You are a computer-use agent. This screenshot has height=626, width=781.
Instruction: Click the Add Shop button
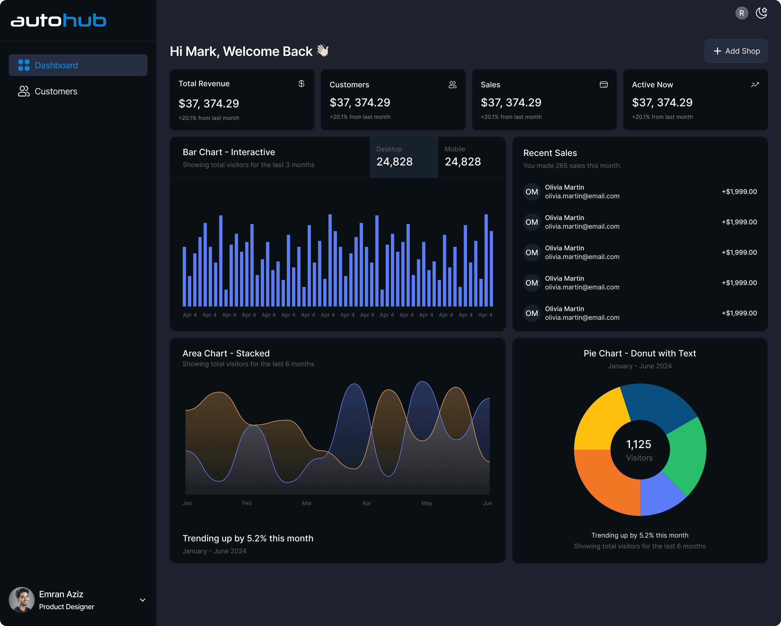[x=736, y=51]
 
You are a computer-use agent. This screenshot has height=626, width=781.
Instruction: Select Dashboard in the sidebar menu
[x=78, y=65]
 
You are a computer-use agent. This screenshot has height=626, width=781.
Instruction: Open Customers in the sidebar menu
[x=56, y=91]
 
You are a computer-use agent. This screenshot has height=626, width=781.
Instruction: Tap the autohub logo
[x=58, y=20]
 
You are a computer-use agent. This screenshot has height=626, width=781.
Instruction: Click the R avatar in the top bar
[x=741, y=13]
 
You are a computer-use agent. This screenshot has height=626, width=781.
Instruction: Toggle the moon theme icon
[x=761, y=13]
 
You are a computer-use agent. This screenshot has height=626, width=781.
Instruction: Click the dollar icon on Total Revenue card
[x=301, y=84]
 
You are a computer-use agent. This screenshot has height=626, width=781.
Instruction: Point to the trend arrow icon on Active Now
[x=755, y=84]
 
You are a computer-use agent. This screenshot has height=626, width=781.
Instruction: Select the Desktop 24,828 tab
[x=404, y=157]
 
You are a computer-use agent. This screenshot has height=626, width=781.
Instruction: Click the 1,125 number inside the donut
[x=639, y=444]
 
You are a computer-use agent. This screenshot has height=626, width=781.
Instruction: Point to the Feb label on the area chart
[x=247, y=503]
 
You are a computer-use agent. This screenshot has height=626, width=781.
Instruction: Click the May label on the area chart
[x=427, y=503]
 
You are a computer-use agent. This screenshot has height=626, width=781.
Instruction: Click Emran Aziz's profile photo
[x=21, y=600]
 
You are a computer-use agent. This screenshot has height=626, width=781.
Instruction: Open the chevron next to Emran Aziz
[x=143, y=600]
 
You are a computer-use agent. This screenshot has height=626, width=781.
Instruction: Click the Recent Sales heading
[x=550, y=153]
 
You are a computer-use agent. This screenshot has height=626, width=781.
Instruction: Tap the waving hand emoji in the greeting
[x=322, y=50]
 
